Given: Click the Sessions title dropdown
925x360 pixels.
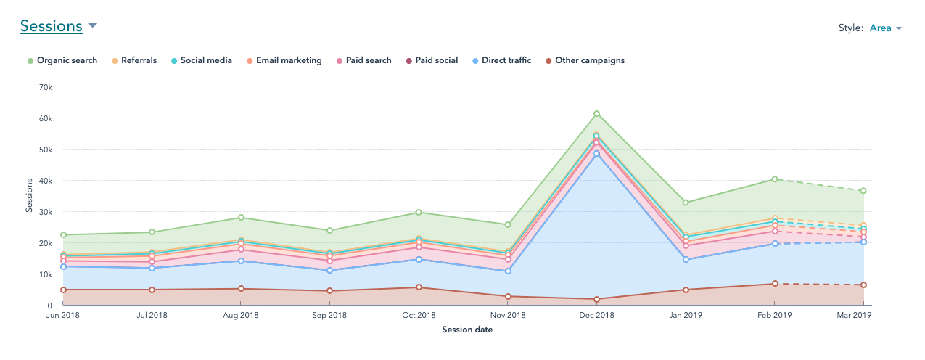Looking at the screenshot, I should click(58, 27).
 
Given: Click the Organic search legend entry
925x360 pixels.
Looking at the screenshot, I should click(66, 60).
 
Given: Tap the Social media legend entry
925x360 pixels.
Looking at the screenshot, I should click(206, 60).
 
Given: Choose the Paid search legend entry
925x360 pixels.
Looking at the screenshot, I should click(368, 60).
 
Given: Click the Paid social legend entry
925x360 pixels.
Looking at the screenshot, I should click(436, 60).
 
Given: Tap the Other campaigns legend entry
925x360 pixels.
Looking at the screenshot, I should click(589, 60).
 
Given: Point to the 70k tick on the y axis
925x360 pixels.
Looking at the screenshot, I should click(45, 87).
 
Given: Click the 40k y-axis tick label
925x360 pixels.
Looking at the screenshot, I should click(45, 181).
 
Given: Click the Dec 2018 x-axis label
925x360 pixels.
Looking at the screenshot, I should click(596, 316).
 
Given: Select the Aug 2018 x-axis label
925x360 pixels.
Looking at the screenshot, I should click(241, 316).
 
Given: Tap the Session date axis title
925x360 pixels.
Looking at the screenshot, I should click(467, 330).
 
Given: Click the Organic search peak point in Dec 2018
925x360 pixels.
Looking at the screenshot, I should click(596, 114).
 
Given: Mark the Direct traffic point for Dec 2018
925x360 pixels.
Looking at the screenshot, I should click(596, 154).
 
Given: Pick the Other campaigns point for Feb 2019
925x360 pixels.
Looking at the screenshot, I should click(775, 284).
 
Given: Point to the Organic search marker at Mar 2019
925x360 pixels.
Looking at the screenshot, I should click(863, 191).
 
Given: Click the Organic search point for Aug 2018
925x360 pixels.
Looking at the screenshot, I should click(241, 218).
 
